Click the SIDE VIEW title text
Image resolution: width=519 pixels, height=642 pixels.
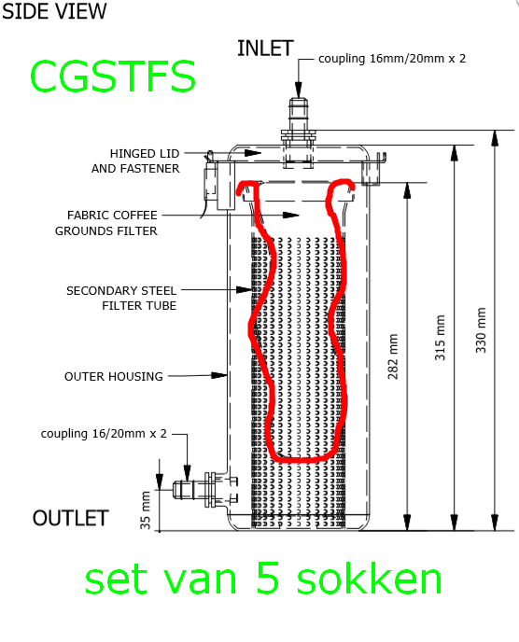(x=54, y=10)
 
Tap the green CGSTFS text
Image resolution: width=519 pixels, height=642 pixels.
(x=113, y=77)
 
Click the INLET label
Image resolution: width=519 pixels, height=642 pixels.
(x=265, y=49)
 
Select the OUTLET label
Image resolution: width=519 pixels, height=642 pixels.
(x=70, y=518)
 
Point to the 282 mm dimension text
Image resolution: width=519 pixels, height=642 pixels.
(x=393, y=356)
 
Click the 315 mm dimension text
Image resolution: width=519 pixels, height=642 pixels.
(x=440, y=338)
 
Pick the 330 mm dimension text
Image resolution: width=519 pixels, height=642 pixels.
(x=481, y=330)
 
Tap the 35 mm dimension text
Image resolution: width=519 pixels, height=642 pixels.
(x=145, y=510)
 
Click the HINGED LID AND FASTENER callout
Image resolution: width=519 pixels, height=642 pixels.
(x=135, y=160)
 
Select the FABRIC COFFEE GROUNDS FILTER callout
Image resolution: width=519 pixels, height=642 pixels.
(x=106, y=223)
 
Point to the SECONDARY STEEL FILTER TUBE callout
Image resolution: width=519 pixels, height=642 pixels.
(x=121, y=298)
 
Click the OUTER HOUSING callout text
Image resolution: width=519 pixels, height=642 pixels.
(x=114, y=376)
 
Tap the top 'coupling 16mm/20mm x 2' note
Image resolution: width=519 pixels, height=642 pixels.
(x=392, y=59)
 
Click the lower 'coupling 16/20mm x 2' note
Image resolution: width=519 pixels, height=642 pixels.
(x=104, y=433)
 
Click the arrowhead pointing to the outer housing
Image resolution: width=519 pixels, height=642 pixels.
(x=219, y=375)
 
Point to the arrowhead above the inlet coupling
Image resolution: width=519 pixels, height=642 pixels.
(x=298, y=90)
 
